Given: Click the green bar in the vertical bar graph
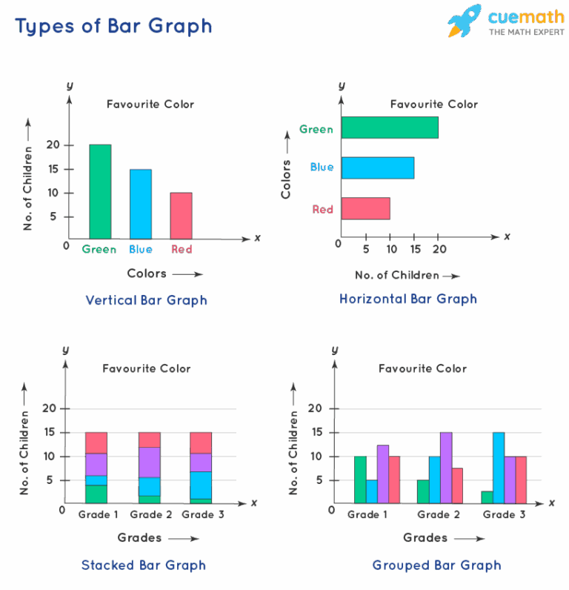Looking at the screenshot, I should [x=100, y=191].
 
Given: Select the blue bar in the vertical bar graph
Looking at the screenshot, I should [x=141, y=204].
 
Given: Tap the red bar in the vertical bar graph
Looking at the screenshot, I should [x=182, y=215].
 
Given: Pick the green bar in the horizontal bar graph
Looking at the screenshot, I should [x=390, y=127].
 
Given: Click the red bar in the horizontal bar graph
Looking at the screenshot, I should [x=366, y=208].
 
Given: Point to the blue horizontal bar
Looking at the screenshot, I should [x=378, y=168].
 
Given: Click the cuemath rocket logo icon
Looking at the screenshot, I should [x=464, y=21].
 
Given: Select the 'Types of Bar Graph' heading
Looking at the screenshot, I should [x=113, y=26].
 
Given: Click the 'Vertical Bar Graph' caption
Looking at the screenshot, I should [x=146, y=300].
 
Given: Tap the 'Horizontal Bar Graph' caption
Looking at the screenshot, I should [x=408, y=299].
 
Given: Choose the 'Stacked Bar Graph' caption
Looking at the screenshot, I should [x=144, y=565].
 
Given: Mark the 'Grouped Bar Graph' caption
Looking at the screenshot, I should [x=437, y=565].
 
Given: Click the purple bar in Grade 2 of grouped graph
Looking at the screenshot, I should [x=446, y=468].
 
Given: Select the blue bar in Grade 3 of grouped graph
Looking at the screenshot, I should [x=499, y=468].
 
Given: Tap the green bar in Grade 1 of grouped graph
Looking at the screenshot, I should [x=360, y=480].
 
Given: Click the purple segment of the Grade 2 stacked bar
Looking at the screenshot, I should [x=150, y=463].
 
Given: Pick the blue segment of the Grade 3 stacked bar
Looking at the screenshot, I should [x=201, y=485].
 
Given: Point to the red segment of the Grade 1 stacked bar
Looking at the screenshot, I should [x=96, y=442].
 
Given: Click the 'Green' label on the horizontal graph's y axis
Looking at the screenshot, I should [x=316, y=130].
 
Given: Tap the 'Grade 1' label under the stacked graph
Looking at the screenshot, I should [x=99, y=514].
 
